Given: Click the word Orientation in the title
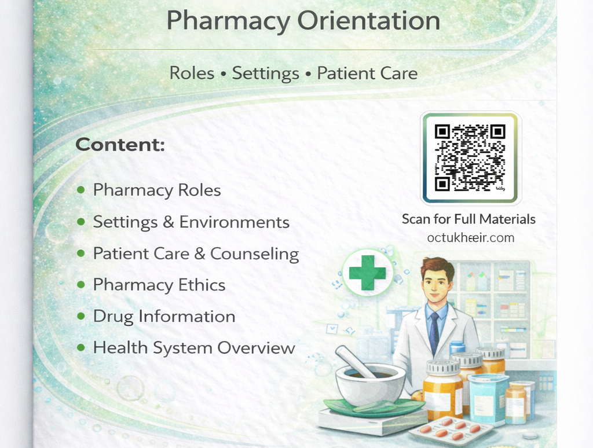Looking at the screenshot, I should (x=369, y=21).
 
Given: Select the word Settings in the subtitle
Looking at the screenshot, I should (x=265, y=74).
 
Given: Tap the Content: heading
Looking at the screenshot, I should (x=120, y=145).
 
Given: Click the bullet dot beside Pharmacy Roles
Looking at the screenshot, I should (x=81, y=190).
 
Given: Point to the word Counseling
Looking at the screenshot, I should (x=254, y=254).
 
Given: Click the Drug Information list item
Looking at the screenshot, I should (x=164, y=317).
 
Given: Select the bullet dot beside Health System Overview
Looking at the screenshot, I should (x=81, y=348).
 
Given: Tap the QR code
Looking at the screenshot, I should (x=470, y=157).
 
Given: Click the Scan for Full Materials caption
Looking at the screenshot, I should (x=468, y=219).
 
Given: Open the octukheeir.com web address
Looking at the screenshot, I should (x=470, y=238).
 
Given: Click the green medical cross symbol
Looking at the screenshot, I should (x=367, y=273).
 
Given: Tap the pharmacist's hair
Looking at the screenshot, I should (x=437, y=267).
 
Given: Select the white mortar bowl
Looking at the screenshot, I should (x=370, y=384).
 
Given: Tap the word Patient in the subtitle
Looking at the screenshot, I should (x=340, y=74).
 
